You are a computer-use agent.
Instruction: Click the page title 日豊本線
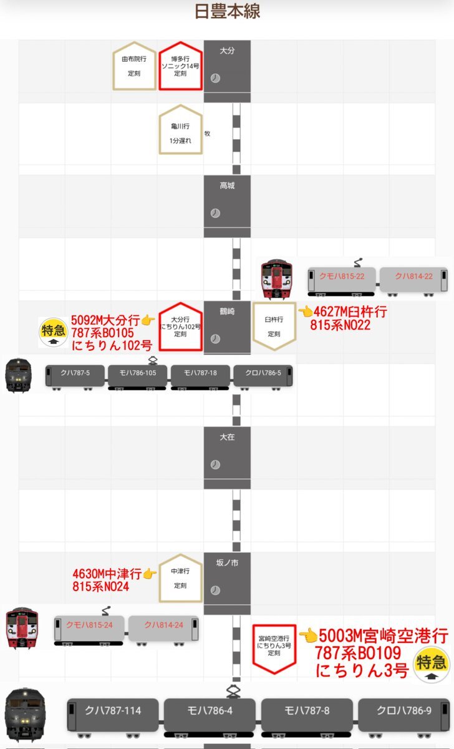tap(227, 11)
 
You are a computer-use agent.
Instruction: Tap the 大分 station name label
tap(227, 51)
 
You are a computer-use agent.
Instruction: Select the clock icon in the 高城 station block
tap(215, 213)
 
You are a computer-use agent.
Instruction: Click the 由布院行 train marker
tap(134, 66)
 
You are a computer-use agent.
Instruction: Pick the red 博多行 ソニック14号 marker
tap(180, 66)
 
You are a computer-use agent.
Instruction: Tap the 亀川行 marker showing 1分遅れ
tap(180, 129)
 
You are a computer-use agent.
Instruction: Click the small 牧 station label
tap(207, 134)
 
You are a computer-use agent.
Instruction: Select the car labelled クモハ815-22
tap(341, 281)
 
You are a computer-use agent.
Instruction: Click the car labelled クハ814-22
tap(413, 281)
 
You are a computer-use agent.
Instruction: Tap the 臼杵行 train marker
tap(274, 326)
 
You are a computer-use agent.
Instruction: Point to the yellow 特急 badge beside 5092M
tap(53, 332)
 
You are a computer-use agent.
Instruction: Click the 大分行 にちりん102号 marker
tap(180, 326)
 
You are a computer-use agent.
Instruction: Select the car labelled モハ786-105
tap(137, 377)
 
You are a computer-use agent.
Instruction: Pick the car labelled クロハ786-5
tap(263, 377)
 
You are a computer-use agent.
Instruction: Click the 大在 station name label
tap(227, 437)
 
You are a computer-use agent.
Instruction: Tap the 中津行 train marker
tap(180, 578)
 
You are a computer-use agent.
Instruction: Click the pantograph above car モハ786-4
tap(233, 692)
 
